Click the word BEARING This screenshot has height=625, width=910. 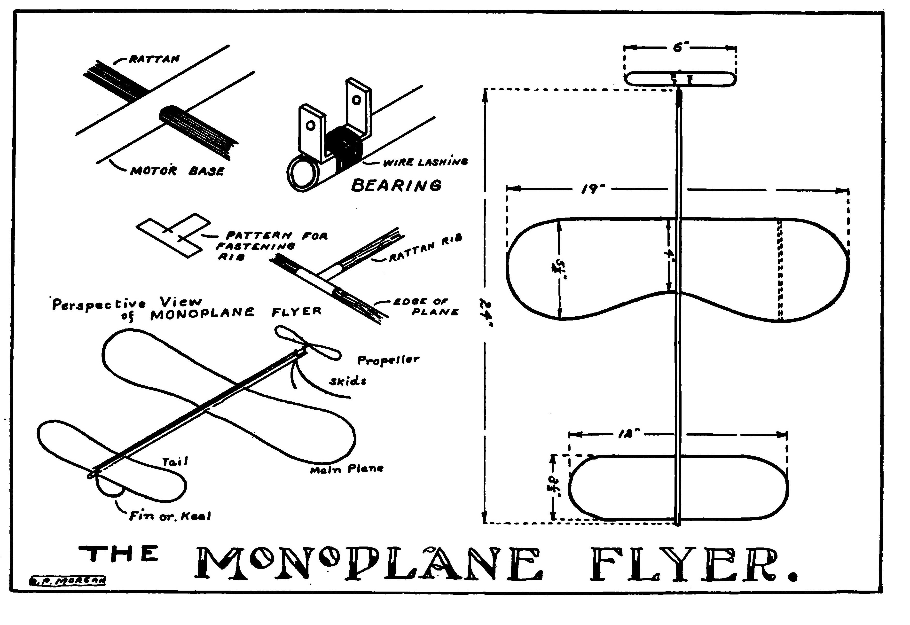point(396,185)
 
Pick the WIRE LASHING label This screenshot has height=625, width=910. point(425,162)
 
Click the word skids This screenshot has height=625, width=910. point(348,381)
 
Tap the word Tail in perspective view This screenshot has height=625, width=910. point(175,462)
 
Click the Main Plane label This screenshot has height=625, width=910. point(346,469)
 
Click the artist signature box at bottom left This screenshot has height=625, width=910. point(67,581)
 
